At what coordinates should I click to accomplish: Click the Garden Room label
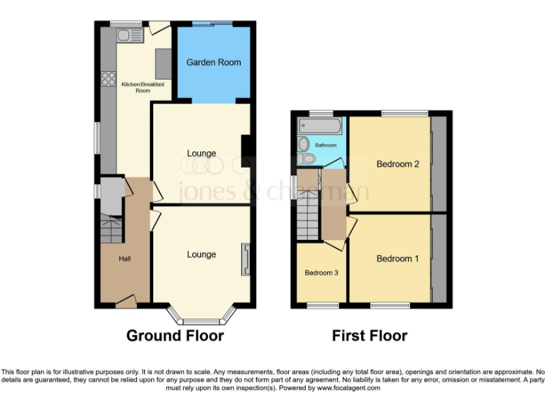[214, 62]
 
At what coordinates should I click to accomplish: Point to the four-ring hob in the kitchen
[109, 79]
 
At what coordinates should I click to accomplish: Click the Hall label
[124, 258]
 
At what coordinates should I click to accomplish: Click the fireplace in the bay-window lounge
[246, 259]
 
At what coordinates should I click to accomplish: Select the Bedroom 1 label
[397, 258]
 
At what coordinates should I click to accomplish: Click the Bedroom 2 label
[397, 164]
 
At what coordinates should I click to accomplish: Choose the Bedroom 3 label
[321, 273]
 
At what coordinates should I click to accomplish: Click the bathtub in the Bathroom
[321, 127]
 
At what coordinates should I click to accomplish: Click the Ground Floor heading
[175, 336]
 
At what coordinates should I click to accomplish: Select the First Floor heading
[370, 336]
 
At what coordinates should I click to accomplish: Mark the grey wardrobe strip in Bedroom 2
[439, 163]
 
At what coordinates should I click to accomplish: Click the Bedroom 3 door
[335, 244]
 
